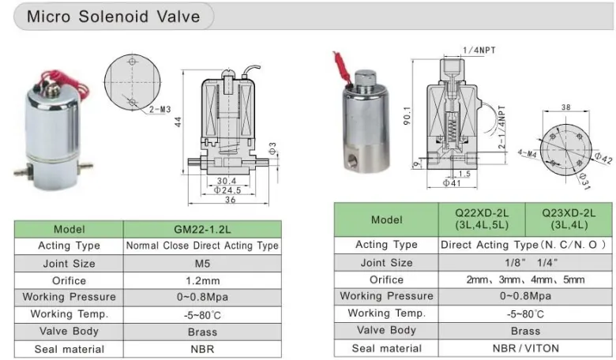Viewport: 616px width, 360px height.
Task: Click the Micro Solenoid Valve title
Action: pyautogui.click(x=113, y=17)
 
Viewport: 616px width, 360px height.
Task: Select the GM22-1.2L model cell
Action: pyautogui.click(x=202, y=229)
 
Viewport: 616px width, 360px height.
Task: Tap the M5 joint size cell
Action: pyautogui.click(x=202, y=264)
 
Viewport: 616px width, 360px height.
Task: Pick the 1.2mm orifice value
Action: pyautogui.click(x=202, y=281)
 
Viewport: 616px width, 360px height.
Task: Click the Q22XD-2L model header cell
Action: pyautogui.click(x=482, y=219)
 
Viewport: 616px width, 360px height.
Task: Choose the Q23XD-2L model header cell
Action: pyautogui.click(x=569, y=219)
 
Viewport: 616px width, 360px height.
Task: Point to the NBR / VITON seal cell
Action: pyautogui.click(x=525, y=348)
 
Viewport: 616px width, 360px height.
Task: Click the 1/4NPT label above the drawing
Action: pyautogui.click(x=479, y=51)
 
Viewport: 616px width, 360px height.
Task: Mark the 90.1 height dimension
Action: pyautogui.click(x=407, y=116)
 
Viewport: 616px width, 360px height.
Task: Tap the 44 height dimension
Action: pyautogui.click(x=178, y=122)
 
